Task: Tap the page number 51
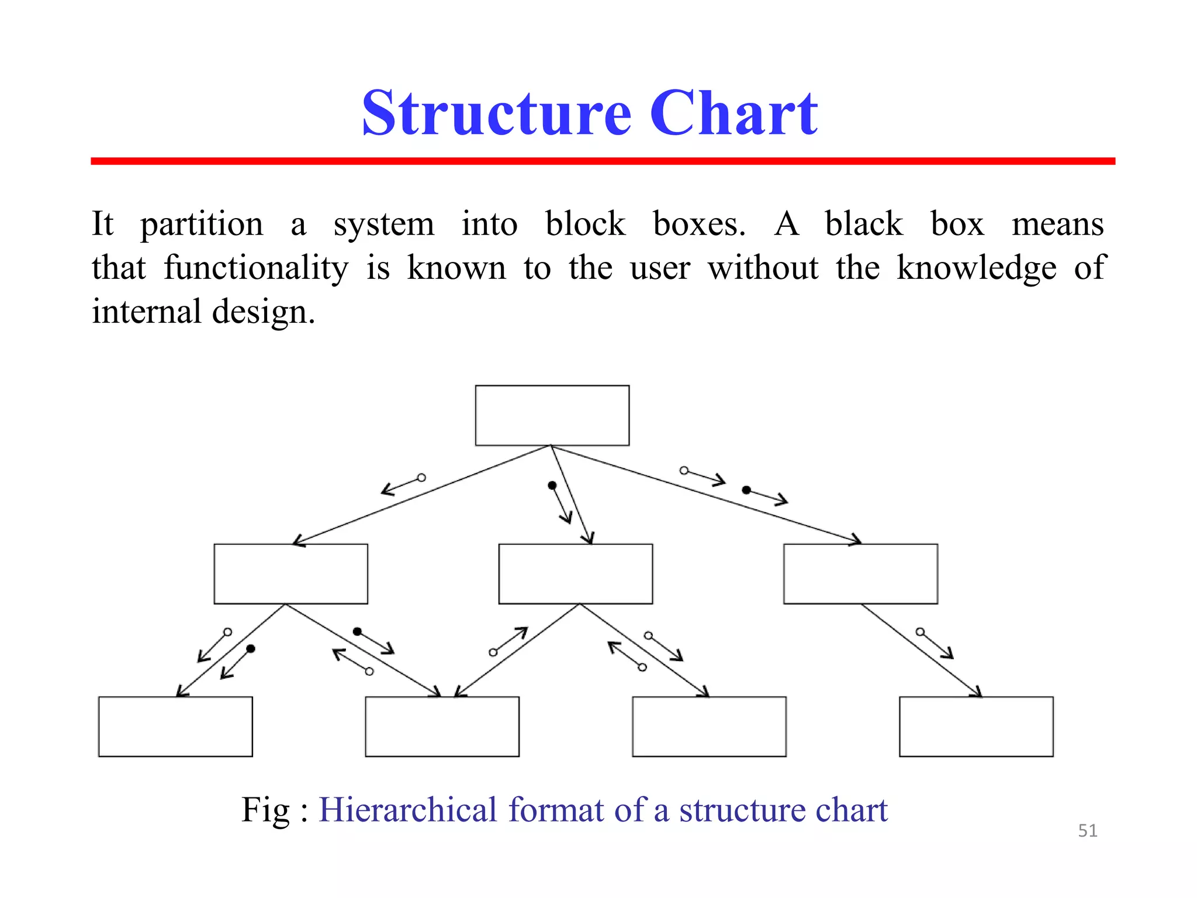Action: click(1087, 831)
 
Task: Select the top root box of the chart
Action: click(552, 415)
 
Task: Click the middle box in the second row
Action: click(575, 574)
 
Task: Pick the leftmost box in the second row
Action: click(290, 574)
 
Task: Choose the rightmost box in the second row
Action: click(860, 574)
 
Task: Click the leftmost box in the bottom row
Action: click(175, 726)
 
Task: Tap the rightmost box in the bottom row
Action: click(976, 726)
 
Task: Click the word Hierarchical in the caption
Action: click(407, 810)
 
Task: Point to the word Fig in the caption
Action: click(265, 810)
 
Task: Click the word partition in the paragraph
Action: click(202, 225)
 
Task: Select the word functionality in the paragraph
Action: click(255, 269)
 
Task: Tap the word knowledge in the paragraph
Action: click(976, 269)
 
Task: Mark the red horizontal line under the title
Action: click(603, 161)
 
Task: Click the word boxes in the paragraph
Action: click(699, 224)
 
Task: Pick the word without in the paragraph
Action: click(763, 268)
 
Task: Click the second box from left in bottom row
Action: click(442, 726)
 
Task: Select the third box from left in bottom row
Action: click(709, 726)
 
